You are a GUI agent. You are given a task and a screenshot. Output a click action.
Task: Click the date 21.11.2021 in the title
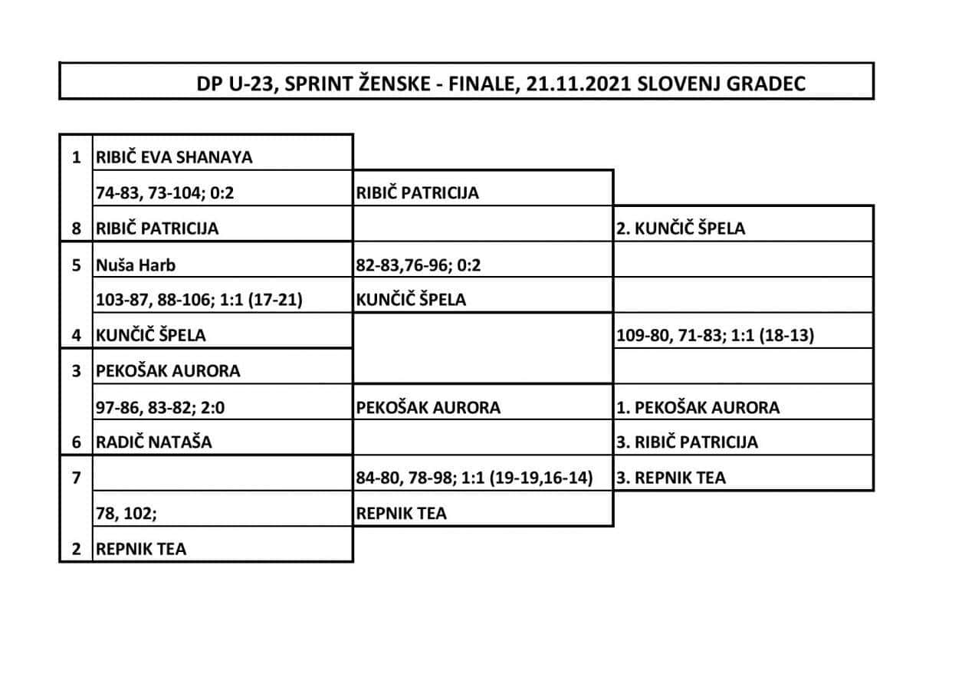[579, 84]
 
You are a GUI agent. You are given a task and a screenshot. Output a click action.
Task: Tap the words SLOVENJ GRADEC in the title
[721, 84]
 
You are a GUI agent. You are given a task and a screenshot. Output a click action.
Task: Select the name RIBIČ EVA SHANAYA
[174, 157]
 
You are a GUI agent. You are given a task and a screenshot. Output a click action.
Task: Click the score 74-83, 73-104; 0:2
[165, 193]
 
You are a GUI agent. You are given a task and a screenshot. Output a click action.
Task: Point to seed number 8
[76, 228]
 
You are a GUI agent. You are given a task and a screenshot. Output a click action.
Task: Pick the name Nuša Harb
[136, 265]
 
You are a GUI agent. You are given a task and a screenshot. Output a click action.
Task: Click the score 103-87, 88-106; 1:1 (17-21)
[199, 300]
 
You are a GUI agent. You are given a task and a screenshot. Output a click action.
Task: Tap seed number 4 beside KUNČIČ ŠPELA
[76, 335]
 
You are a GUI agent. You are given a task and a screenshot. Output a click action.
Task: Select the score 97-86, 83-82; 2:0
[160, 407]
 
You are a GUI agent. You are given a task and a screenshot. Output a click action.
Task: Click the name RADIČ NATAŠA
[153, 442]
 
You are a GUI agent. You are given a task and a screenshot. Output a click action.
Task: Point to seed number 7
[76, 478]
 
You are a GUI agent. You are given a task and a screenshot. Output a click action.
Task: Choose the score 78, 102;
[126, 514]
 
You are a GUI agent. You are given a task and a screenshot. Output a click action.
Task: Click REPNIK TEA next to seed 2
[141, 549]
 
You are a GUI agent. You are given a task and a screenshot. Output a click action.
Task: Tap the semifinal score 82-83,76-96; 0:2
[419, 265]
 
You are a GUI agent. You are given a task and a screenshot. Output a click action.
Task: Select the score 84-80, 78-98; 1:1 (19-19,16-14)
[474, 478]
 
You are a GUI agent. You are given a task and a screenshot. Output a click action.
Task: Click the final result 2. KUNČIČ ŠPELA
[681, 228]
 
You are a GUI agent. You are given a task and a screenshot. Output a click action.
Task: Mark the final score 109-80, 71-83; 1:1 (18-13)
[715, 335]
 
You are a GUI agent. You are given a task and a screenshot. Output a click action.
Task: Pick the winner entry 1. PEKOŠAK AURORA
[698, 407]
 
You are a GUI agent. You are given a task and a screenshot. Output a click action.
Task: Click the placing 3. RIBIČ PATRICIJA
[688, 442]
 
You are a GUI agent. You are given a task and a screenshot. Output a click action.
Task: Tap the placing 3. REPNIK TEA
[671, 478]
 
